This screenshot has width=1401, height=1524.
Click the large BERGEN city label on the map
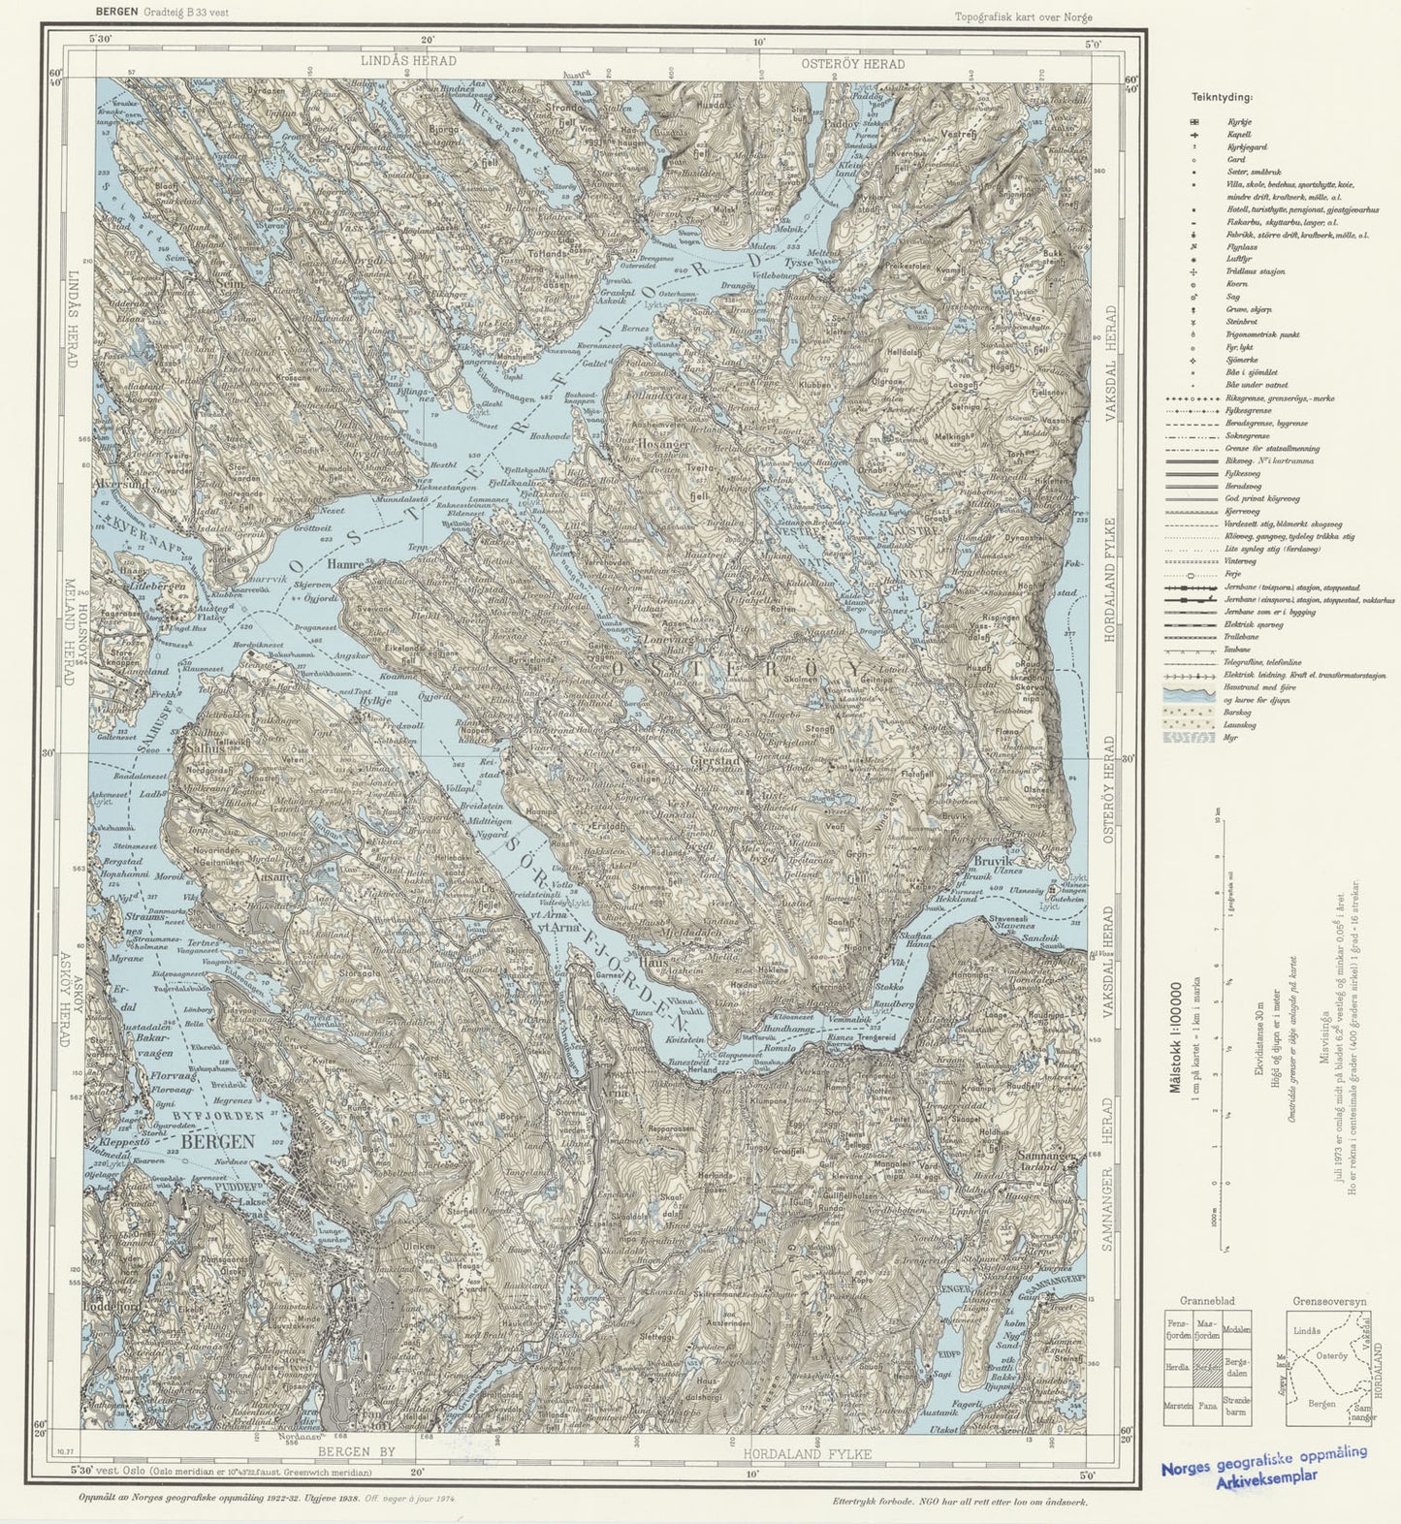(218, 1141)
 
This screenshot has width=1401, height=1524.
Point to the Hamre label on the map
(345, 563)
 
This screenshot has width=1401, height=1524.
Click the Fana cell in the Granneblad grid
(1207, 1403)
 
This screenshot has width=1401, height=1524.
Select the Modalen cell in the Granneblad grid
(1236, 1329)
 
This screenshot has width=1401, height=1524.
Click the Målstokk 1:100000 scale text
(1176, 1037)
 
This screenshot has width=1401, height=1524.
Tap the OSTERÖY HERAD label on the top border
(852, 64)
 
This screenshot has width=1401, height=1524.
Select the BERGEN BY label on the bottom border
(357, 1451)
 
